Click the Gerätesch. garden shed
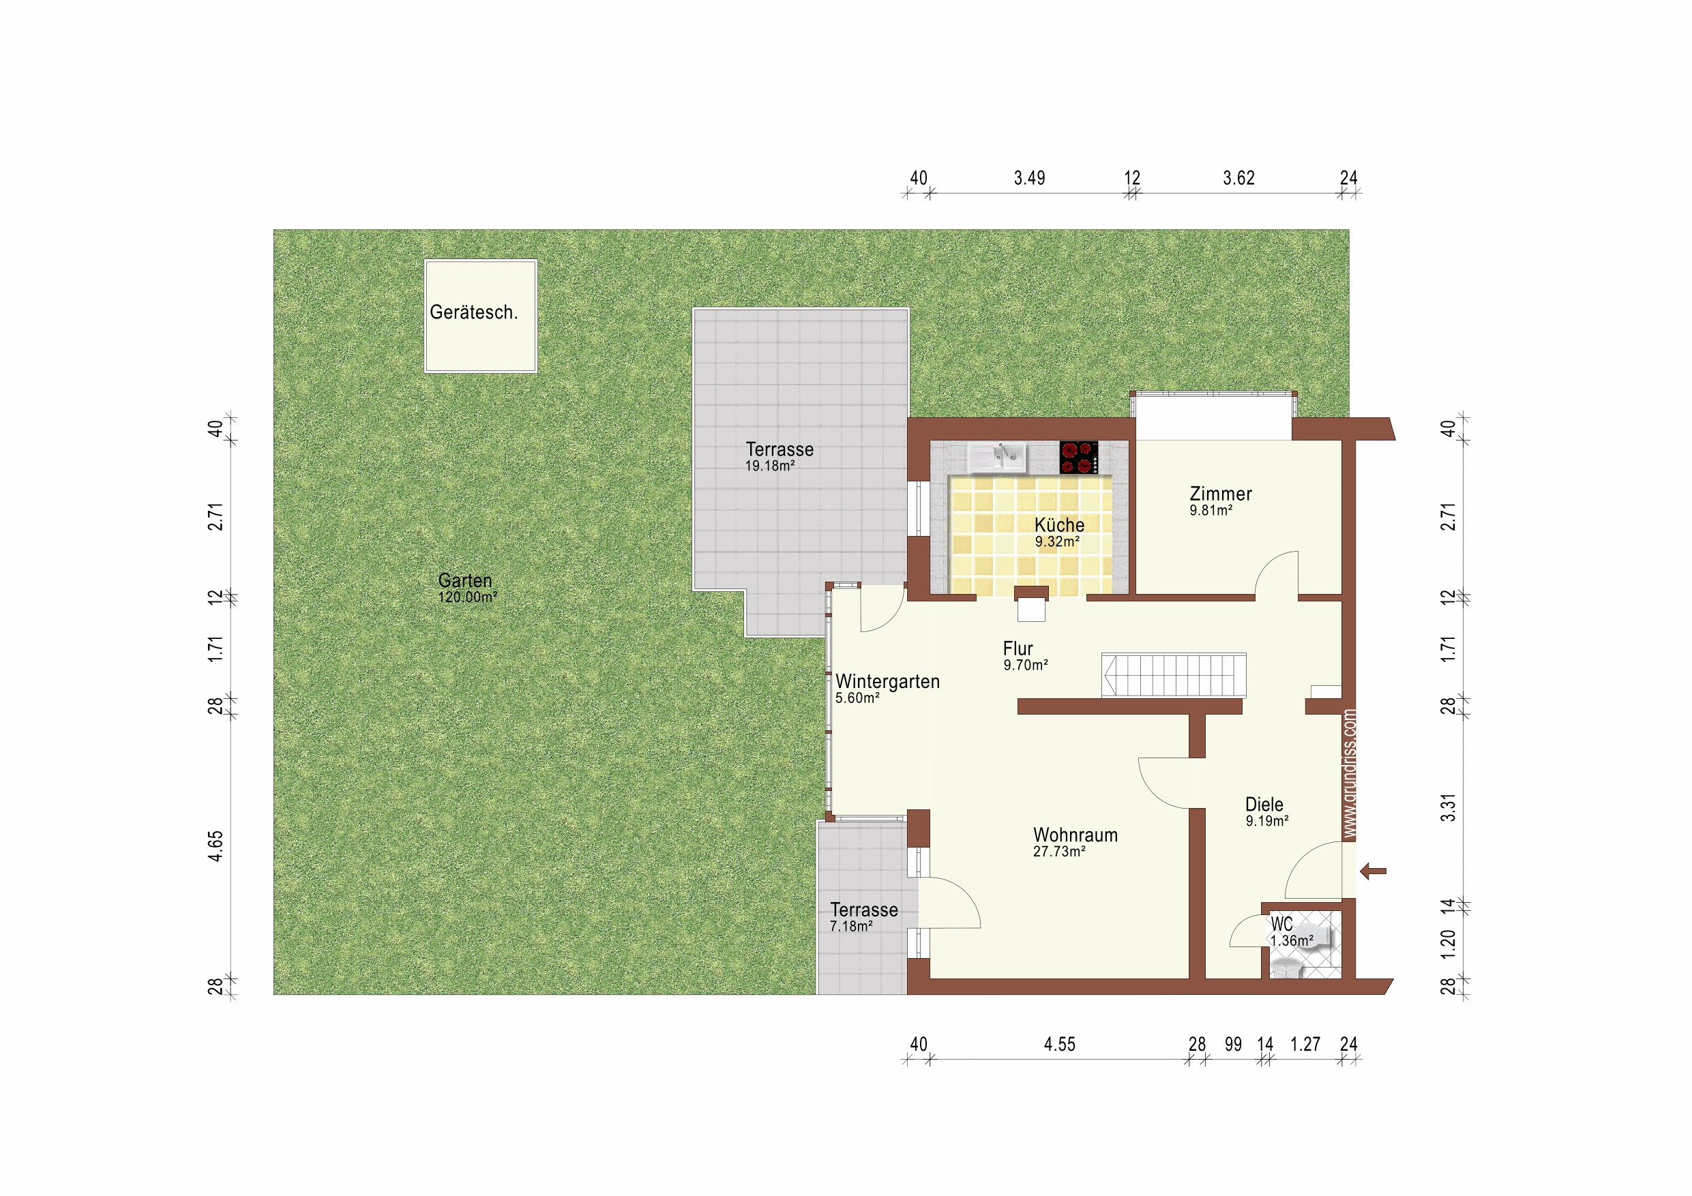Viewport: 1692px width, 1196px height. (x=481, y=316)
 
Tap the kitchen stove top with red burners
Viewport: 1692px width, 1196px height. (x=1079, y=457)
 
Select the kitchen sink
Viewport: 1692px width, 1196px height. (x=997, y=457)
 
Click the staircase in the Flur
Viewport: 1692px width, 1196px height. (x=1174, y=675)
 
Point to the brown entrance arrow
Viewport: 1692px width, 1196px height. (x=1373, y=871)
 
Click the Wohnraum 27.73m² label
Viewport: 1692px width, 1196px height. (x=1075, y=842)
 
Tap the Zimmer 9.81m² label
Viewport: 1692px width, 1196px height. (x=1220, y=500)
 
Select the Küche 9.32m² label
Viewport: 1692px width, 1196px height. (x=1059, y=532)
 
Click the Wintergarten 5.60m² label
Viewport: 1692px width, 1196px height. (x=887, y=688)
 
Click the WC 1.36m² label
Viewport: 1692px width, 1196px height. (x=1291, y=932)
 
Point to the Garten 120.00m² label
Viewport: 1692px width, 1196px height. (x=467, y=588)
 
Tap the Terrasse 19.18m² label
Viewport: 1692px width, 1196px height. (x=779, y=456)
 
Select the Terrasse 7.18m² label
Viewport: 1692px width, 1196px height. (x=863, y=916)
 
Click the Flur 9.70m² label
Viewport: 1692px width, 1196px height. (x=1025, y=656)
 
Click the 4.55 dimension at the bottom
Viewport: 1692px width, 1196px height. (x=1060, y=1044)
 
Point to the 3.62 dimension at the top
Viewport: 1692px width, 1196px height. (x=1238, y=177)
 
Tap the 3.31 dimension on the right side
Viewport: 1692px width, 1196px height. (x=1449, y=807)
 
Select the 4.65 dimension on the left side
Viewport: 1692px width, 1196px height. (x=216, y=846)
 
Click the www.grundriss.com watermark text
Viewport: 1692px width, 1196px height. (x=1350, y=774)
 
